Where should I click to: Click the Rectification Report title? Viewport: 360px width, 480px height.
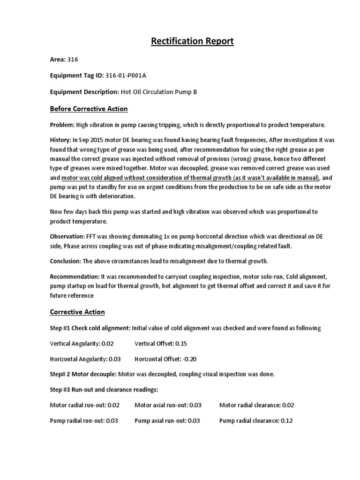pyautogui.click(x=192, y=42)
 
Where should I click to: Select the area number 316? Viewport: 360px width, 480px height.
pyautogui.click(x=73, y=60)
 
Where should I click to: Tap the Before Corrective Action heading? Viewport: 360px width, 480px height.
pyautogui.click(x=89, y=109)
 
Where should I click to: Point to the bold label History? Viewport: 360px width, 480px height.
pyautogui.click(x=60, y=140)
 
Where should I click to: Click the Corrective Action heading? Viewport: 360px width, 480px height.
pyautogui.click(x=77, y=312)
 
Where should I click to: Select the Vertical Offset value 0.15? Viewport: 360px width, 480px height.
pyautogui.click(x=181, y=344)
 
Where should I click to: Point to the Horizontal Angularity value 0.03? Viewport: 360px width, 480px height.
pyautogui.click(x=114, y=360)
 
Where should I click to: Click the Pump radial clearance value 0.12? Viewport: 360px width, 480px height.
pyautogui.click(x=286, y=420)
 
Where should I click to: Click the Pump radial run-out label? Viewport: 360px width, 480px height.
pyautogui.click(x=77, y=420)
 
